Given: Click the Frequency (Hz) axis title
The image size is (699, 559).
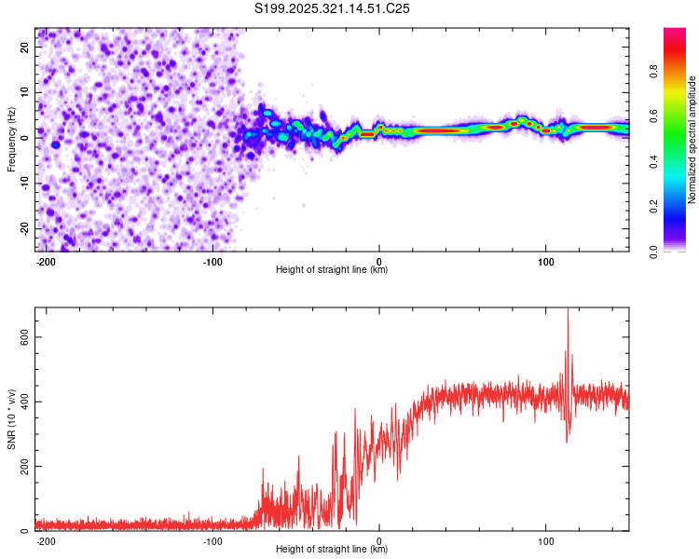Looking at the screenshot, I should tap(11, 140).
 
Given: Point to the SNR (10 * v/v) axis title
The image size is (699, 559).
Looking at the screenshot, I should tap(11, 419).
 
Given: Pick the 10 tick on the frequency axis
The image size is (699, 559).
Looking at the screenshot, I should tap(25, 91).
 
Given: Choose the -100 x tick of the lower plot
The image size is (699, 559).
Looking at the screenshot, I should tap(212, 540).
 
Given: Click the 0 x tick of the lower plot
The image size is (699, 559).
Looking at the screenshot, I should tap(379, 540).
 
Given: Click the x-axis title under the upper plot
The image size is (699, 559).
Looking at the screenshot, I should tap(332, 270).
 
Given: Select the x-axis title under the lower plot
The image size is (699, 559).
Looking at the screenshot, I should tap(332, 550).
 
